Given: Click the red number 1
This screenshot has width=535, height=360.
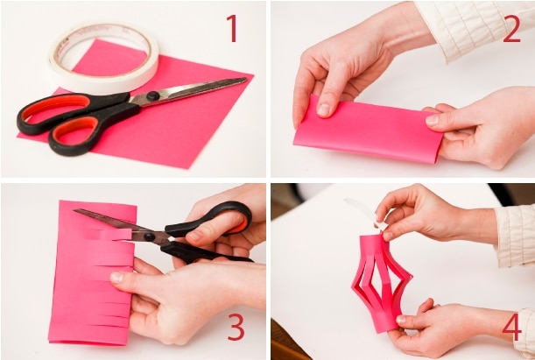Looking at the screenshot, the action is [x=232, y=28].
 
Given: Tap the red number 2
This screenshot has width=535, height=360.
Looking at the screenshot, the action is [x=512, y=29].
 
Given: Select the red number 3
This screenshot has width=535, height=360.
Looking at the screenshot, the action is [x=236, y=327].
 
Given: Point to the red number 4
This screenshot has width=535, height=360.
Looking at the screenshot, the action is [x=512, y=327].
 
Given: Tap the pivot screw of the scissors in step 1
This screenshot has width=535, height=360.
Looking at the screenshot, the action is [x=152, y=95].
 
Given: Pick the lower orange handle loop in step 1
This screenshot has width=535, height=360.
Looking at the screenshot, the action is [x=74, y=131].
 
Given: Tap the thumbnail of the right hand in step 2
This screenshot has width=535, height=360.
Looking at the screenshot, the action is [x=432, y=120].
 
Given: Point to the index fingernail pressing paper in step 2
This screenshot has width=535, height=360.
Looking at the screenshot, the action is [x=323, y=109].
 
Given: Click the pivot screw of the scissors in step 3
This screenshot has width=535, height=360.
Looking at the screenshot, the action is [x=149, y=236].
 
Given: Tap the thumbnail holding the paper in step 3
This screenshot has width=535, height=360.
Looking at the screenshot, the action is [x=116, y=277].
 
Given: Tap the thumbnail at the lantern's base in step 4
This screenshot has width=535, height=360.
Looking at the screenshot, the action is [x=401, y=320].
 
